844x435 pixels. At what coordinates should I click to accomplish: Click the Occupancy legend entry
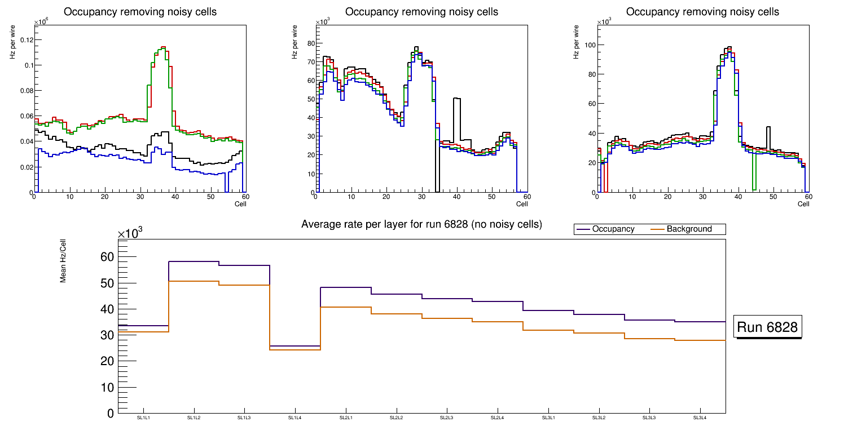(613, 229)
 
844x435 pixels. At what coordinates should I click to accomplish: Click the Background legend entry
(689, 229)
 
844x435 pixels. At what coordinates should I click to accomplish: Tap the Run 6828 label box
(768, 327)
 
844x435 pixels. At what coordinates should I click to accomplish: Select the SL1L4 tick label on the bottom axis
(295, 418)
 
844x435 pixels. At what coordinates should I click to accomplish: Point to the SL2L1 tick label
(346, 418)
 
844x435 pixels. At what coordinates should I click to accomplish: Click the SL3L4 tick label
(700, 418)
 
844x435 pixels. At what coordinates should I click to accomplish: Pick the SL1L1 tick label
(143, 418)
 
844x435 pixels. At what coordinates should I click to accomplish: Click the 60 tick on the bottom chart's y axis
(107, 257)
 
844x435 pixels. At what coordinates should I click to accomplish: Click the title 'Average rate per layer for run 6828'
(421, 224)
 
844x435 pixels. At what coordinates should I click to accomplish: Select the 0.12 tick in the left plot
(25, 39)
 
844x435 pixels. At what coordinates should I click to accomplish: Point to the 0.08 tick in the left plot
(25, 90)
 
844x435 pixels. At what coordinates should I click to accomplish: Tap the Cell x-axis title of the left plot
(240, 204)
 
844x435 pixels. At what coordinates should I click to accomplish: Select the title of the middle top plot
(421, 12)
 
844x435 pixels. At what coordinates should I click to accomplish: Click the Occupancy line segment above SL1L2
(194, 261)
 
